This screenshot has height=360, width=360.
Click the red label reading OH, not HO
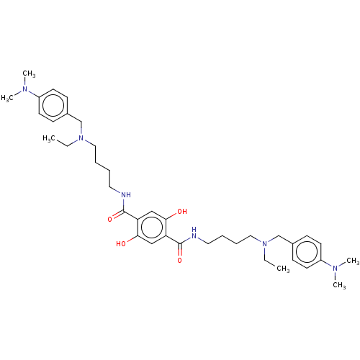[182, 212]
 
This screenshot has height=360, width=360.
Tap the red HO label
[121, 244]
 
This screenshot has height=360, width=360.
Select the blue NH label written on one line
[126, 195]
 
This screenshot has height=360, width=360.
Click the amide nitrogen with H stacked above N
[194, 233]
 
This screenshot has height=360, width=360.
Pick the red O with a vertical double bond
[180, 261]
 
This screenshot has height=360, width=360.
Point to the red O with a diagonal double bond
[110, 220]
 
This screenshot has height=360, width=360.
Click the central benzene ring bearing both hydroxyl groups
[152, 228]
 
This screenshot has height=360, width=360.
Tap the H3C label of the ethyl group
[49, 139]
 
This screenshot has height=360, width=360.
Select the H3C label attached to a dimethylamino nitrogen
[7, 98]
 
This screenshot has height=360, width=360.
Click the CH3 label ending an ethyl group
[283, 269]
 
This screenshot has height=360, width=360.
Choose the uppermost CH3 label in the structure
[29, 73]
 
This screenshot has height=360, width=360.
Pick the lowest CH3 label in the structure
[339, 285]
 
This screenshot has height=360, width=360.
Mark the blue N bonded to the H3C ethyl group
[81, 138]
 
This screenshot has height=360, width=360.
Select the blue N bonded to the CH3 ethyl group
[264, 244]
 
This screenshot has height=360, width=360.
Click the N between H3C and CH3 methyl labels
[24, 89]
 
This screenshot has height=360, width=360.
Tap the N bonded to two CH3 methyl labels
[335, 268]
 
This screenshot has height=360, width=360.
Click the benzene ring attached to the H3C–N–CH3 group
[53, 105]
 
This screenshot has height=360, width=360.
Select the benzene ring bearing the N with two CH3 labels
[307, 252]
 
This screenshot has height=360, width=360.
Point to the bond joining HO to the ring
[132, 239]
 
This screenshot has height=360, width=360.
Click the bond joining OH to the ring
[171, 216]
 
